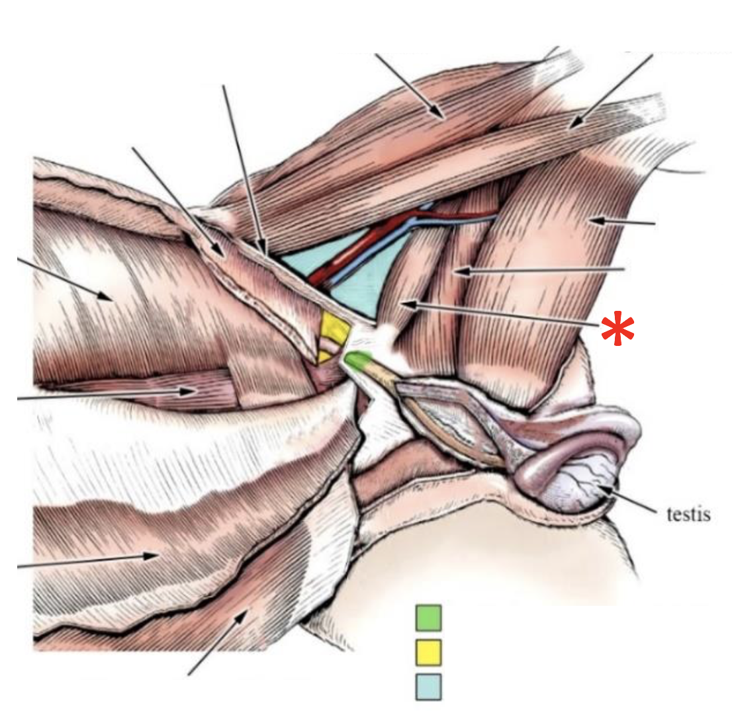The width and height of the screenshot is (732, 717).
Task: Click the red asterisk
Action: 617,329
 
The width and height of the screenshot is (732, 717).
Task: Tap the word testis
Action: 688,514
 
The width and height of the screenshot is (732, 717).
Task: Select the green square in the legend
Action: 428,618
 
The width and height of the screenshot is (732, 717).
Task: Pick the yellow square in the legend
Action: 428,652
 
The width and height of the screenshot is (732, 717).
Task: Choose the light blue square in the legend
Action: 428,687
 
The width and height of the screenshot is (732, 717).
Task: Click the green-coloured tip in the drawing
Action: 357,360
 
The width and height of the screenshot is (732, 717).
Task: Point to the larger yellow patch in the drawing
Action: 334,327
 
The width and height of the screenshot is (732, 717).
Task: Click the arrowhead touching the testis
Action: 608,490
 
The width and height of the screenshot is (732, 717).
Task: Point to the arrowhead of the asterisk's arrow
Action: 405,305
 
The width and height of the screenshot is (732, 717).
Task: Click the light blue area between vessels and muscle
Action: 354,291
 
